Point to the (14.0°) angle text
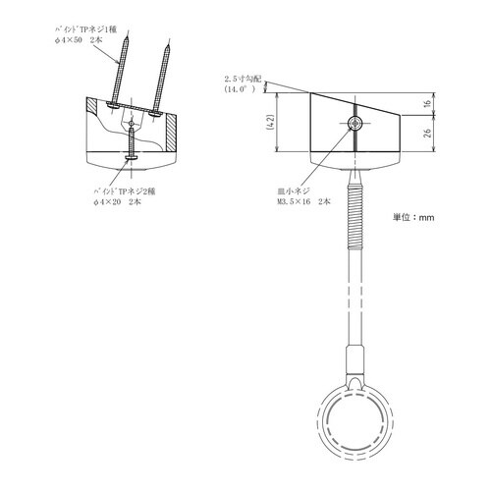click(x=240, y=88)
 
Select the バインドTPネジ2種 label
click(x=119, y=189)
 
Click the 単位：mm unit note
click(x=412, y=218)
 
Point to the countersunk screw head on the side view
click(x=354, y=123)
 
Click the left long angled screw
click(x=121, y=68)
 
